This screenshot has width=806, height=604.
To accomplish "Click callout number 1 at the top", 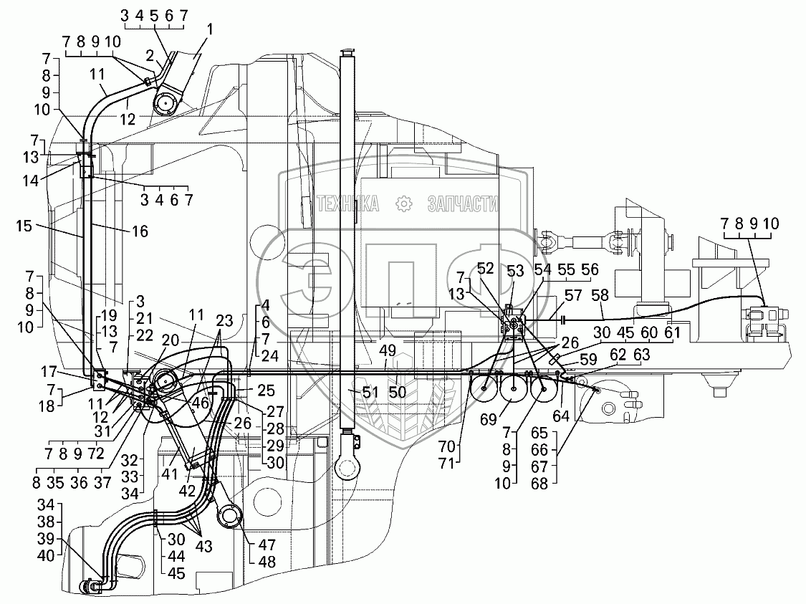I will (x=209, y=29).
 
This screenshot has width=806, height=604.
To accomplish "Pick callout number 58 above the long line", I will (x=600, y=294).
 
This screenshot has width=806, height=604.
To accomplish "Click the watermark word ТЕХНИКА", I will (x=347, y=204).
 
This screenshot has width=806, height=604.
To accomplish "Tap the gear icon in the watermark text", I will (x=404, y=204).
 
